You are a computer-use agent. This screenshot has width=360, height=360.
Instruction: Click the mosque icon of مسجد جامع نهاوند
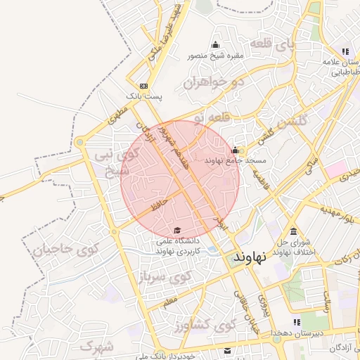pyautogui.click(x=235, y=150)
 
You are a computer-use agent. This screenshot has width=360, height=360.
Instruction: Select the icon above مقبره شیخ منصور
pyautogui.click(x=214, y=45)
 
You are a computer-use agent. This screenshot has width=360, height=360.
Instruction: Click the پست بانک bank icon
pyautogui.click(x=144, y=84)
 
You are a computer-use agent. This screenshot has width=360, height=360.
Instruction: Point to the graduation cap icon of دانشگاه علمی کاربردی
pyautogui.click(x=177, y=231)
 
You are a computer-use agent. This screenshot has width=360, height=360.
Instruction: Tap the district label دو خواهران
pyautogui.click(x=207, y=82)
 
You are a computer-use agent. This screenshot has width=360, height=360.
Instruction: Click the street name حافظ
pyautogui.click(x=158, y=205)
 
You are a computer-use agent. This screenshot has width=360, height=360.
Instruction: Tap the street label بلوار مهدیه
pyautogui.click(x=337, y=212)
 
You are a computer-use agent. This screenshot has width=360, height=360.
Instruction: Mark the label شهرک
pyautogui.click(x=97, y=345)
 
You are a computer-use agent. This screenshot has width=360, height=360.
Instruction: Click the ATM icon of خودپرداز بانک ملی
pyautogui.click(x=227, y=350)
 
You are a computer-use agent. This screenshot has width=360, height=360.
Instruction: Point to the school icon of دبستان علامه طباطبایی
pyautogui.click(x=345, y=51)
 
